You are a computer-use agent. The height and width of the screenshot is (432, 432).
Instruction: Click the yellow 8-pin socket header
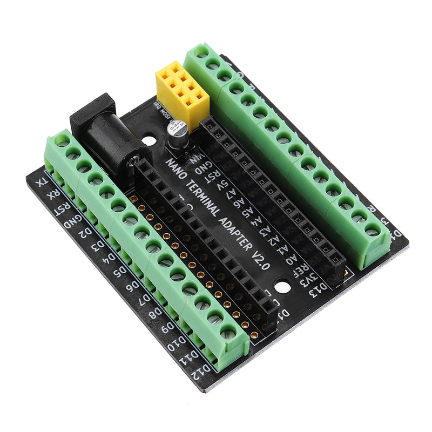(x=181, y=89)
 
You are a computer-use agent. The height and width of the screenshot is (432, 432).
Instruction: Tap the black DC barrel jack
(x=108, y=135)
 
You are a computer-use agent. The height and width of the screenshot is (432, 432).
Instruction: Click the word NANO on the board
(x=174, y=163)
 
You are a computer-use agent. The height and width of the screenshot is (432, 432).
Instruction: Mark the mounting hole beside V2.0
(x=282, y=285)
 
